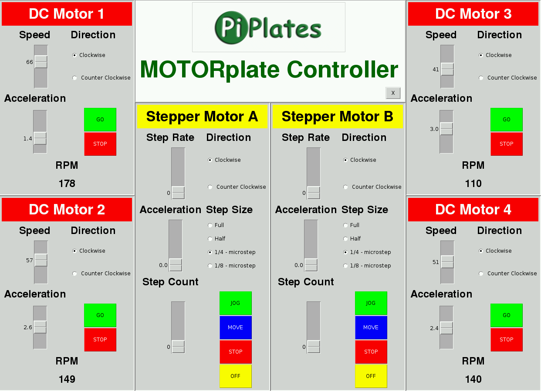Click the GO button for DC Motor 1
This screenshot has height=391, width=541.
tap(100, 120)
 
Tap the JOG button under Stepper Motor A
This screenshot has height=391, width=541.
tap(236, 303)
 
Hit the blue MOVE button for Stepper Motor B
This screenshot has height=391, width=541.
tap(371, 328)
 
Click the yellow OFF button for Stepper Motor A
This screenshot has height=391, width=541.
tap(236, 376)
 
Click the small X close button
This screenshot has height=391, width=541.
tap(393, 93)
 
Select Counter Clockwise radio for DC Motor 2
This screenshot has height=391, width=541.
tap(74, 274)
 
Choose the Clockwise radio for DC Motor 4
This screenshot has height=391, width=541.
tap(481, 251)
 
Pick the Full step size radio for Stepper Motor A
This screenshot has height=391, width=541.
tap(210, 225)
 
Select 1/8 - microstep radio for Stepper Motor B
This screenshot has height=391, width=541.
tap(345, 266)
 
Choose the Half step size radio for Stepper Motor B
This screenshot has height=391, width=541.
tap(345, 239)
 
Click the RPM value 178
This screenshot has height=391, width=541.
tap(67, 184)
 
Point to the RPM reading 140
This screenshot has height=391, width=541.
tap(473, 379)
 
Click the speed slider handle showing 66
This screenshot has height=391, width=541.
tap(41, 62)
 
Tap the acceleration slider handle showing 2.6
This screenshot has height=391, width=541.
tap(40, 327)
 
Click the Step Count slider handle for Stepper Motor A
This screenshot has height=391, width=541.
tap(178, 347)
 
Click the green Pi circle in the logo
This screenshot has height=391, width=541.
tap(231, 28)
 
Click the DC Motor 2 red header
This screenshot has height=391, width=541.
tap(67, 209)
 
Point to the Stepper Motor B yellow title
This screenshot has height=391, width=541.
tap(338, 116)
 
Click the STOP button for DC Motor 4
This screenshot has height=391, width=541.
tap(507, 339)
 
